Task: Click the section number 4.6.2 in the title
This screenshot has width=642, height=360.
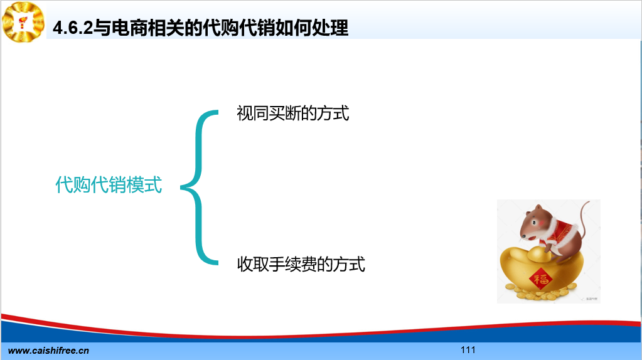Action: (73, 28)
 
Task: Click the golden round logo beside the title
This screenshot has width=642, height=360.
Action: (23, 22)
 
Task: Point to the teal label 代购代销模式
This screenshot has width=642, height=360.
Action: (109, 184)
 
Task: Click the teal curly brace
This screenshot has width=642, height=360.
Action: (200, 188)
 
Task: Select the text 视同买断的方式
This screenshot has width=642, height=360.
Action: (292, 114)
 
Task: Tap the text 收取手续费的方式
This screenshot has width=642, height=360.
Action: (301, 264)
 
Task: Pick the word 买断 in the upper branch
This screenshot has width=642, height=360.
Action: (284, 114)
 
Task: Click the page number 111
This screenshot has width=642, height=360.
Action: (468, 350)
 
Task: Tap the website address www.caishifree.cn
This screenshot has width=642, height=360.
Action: (48, 351)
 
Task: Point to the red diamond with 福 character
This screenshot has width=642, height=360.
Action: (541, 280)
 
